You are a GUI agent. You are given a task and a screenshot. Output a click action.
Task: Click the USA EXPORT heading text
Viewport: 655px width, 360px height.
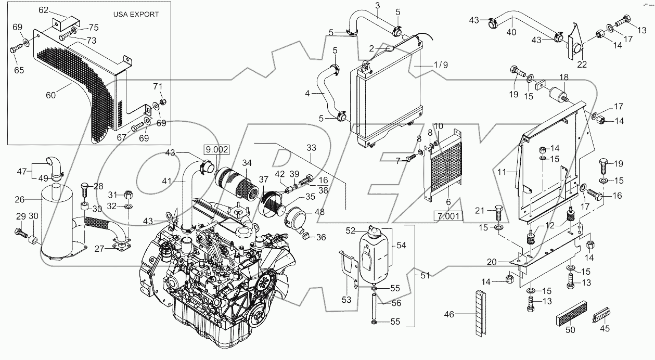point(136,15)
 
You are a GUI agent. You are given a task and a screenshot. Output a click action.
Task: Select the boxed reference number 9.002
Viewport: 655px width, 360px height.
point(216,148)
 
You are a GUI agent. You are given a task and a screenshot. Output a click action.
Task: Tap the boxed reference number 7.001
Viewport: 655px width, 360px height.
point(448,215)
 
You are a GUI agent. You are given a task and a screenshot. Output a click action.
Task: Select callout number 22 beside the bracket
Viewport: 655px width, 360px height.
point(582,65)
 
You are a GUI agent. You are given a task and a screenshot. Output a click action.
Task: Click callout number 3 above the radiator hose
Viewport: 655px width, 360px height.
point(378,5)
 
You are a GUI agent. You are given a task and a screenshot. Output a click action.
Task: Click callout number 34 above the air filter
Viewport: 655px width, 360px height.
point(246,163)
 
